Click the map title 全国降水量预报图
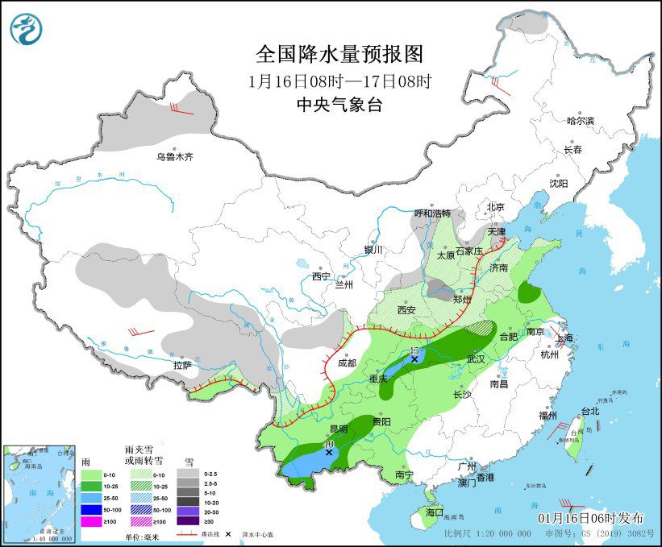[339, 54]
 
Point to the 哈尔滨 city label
[579, 121]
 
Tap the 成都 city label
[348, 363]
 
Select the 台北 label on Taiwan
[590, 411]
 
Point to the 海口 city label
[434, 512]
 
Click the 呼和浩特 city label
[433, 213]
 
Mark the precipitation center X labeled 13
[414, 359]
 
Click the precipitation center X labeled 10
[329, 453]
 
